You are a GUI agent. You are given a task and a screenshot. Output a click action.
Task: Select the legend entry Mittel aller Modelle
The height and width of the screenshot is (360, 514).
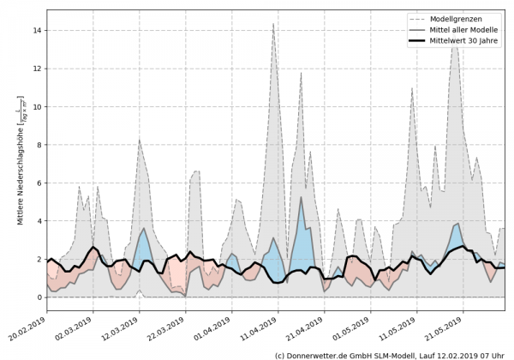[x=467, y=29]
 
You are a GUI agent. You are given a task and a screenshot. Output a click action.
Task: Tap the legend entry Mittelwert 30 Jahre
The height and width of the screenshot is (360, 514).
[x=467, y=40]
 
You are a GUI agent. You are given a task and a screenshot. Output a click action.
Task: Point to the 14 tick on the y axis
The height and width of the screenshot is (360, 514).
[x=37, y=31]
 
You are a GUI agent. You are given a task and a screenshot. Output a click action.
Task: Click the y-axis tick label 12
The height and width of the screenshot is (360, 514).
[x=37, y=69]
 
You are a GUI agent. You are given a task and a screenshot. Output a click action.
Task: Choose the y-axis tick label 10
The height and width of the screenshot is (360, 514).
[x=37, y=107]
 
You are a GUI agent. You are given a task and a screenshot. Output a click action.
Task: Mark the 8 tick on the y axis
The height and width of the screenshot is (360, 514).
[x=39, y=145]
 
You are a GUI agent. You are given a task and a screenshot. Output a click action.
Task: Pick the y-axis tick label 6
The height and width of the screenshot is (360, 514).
[x=39, y=183]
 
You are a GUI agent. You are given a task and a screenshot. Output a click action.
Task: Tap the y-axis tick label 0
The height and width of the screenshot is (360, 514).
[x=39, y=297]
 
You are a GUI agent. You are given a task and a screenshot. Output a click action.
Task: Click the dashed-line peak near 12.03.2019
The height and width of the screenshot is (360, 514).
[x=140, y=139]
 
